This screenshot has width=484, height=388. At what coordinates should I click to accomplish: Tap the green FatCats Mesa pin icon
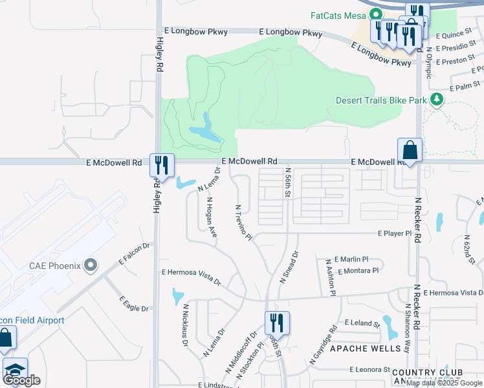click(x=375, y=14)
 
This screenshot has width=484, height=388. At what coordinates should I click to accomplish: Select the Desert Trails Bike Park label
click(x=381, y=100)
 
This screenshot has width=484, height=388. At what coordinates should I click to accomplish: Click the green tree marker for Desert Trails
click(x=437, y=100)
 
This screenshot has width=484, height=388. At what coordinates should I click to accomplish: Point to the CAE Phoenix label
click(x=54, y=265)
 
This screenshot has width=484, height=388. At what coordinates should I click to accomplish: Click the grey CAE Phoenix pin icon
click(x=91, y=265)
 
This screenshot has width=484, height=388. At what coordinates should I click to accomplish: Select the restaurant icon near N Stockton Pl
click(x=277, y=322)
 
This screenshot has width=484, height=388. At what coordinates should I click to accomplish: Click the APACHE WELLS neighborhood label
click(x=360, y=349)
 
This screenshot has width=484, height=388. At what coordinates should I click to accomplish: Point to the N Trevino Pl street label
click(x=243, y=223)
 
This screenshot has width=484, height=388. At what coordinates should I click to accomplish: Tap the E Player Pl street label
click(x=395, y=233)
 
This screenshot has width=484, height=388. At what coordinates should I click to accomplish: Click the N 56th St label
click(x=288, y=183)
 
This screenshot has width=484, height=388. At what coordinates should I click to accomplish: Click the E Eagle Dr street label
click(x=134, y=304)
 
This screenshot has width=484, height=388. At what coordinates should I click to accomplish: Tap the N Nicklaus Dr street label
click(x=185, y=325)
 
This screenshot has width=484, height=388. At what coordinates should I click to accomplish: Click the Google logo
click(x=22, y=380)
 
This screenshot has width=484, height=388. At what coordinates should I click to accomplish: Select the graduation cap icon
click(x=14, y=370)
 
